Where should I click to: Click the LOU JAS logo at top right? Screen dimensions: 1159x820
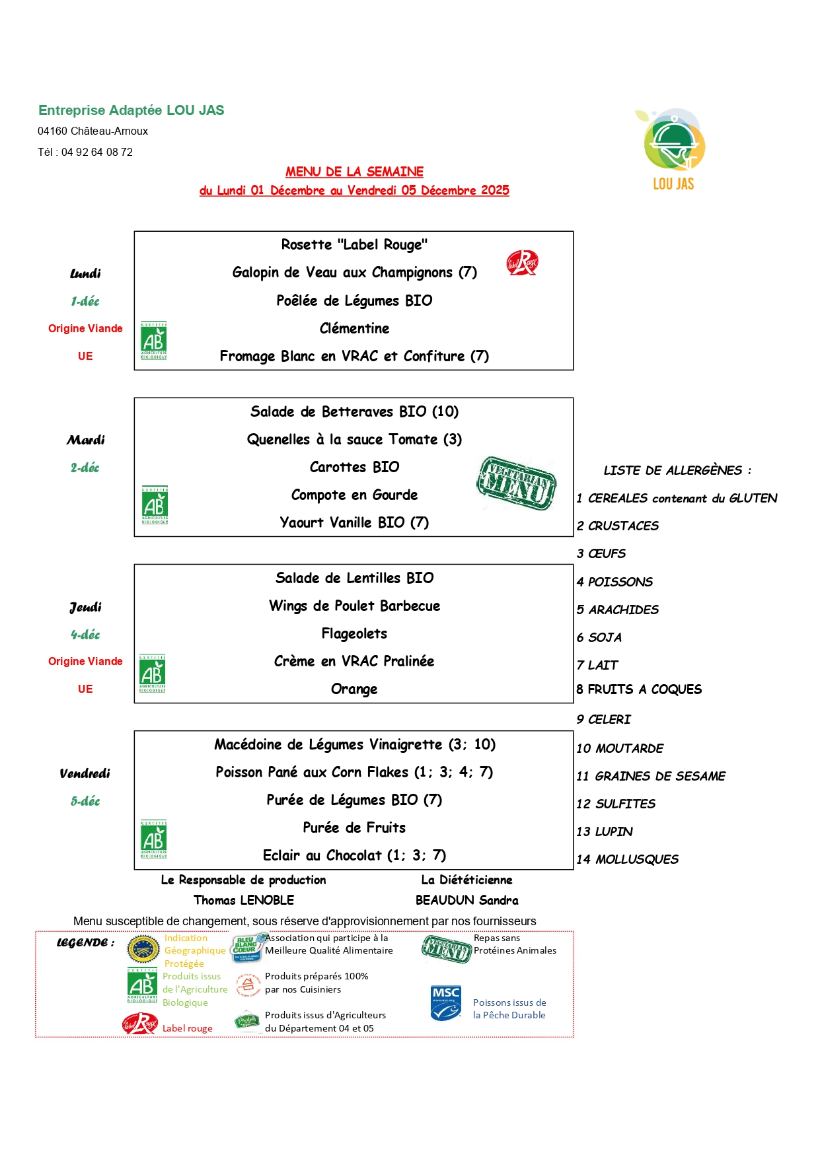(673, 149)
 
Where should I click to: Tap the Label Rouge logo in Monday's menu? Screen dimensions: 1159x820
(522, 263)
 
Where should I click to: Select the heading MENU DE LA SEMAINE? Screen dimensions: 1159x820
(354, 172)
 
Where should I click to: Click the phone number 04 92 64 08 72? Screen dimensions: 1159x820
(97, 153)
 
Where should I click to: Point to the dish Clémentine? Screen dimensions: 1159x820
(354, 328)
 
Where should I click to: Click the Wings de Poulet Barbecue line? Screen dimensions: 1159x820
(354, 606)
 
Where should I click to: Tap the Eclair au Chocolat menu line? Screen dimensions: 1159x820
(354, 855)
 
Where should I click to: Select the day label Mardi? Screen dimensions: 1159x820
(85, 440)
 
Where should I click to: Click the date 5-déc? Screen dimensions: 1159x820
(85, 801)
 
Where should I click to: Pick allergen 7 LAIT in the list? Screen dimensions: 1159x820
(597, 665)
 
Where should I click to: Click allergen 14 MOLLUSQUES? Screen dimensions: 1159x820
(627, 859)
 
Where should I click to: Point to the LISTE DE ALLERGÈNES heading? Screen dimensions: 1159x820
(677, 470)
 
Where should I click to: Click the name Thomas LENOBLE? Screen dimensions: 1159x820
(244, 900)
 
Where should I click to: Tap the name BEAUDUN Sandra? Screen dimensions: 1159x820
(466, 900)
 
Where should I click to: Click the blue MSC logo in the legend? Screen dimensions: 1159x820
(446, 1003)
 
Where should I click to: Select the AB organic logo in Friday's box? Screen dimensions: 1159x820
(153, 839)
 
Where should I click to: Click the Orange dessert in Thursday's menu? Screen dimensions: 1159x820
(354, 689)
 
